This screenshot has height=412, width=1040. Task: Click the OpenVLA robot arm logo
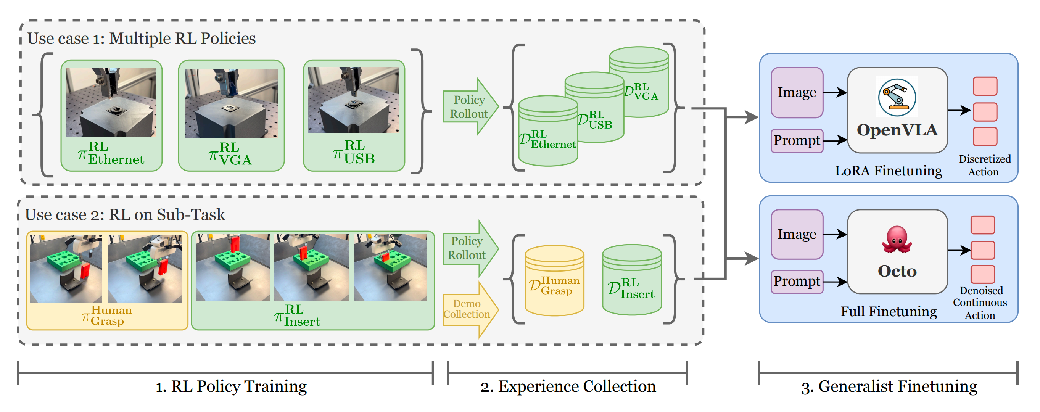897,97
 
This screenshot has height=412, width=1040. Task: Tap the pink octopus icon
897,239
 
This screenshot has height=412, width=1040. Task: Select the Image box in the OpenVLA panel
797,92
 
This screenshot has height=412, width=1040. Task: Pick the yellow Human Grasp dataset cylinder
554,281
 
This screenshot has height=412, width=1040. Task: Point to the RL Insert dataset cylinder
632,280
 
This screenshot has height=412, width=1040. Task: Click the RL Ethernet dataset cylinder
548,131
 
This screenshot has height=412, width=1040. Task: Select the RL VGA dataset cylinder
639,82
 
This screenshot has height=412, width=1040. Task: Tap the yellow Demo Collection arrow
471,309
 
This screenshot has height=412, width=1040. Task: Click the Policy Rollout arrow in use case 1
471,106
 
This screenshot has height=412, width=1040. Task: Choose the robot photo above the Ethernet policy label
111,103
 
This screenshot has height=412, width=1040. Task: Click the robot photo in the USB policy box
353,100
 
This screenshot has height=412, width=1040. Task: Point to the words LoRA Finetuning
888,171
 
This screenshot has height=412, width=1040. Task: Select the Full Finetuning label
889,312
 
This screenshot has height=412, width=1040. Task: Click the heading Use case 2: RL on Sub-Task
125,215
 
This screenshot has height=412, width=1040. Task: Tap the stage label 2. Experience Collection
568,386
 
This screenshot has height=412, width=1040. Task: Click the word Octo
897,271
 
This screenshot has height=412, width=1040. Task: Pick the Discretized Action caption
984,166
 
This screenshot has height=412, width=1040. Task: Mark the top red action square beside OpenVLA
985,86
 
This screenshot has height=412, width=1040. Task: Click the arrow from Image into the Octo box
835,235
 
